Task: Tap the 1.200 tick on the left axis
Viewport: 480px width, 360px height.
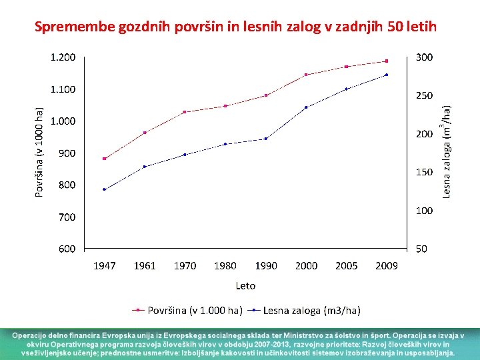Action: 63,57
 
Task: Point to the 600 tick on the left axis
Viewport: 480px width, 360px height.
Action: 67,249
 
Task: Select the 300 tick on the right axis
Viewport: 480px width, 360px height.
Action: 424,57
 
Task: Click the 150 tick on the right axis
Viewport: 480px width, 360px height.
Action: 424,172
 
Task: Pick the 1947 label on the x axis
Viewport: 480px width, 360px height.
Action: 104,265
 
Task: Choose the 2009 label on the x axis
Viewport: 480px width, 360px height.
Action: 387,265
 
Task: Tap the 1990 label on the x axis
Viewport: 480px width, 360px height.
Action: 265,265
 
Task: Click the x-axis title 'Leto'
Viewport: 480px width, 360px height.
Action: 245,285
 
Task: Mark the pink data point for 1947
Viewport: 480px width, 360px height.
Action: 105,159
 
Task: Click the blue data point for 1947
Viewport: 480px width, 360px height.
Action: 105,189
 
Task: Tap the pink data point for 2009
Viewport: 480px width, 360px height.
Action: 387,61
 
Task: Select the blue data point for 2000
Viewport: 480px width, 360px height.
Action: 306,107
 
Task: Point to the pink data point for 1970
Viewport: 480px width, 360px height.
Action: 185,112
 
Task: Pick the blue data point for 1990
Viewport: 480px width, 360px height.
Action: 266,139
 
